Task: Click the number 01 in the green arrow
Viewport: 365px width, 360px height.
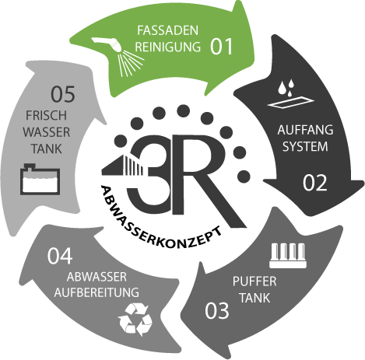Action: tap(221, 47)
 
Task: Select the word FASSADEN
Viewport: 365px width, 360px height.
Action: tap(167, 30)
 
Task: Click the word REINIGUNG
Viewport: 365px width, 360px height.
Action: tap(168, 47)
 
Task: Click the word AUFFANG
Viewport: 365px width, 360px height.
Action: tap(305, 130)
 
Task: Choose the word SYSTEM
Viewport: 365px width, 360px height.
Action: tap(305, 146)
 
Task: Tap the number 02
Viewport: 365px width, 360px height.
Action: tap(314, 183)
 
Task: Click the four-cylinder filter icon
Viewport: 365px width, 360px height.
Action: tap(288, 255)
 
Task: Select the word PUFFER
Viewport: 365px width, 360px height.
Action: tap(254, 281)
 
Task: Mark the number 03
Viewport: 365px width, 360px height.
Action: tap(217, 310)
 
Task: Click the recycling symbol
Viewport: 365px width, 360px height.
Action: tap(135, 319)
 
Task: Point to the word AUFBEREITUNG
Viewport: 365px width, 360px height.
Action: tap(97, 292)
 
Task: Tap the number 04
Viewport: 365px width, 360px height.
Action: tap(60, 256)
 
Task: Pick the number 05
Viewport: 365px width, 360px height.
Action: tap(63, 94)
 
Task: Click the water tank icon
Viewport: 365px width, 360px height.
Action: tap(40, 179)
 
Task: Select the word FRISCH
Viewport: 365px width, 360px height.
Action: tap(46, 115)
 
